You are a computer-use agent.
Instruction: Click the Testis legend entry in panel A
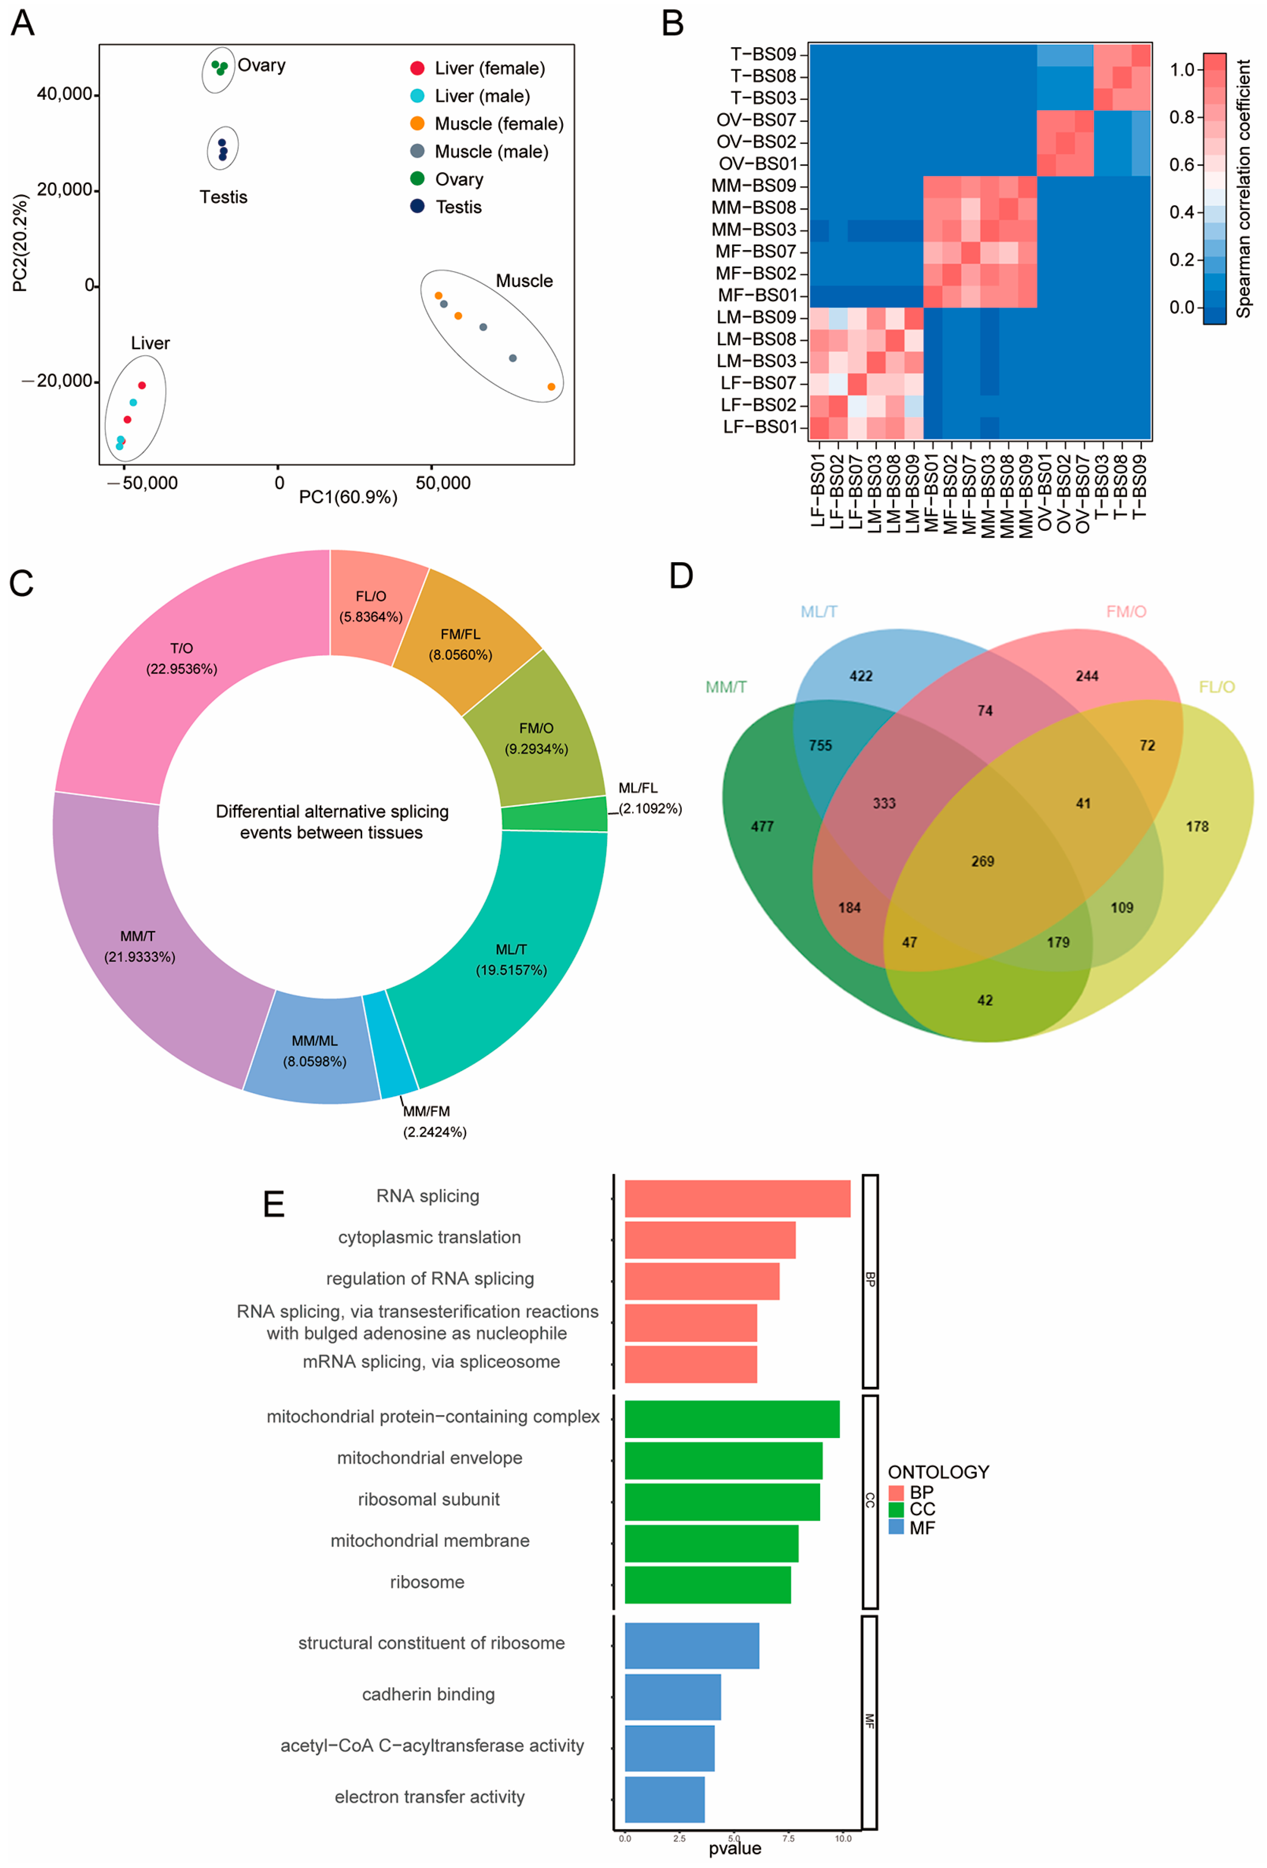coord(458,207)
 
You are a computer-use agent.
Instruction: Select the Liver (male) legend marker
coord(417,96)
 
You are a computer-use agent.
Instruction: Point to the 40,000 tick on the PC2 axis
coord(64,94)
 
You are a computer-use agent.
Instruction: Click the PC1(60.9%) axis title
coord(348,497)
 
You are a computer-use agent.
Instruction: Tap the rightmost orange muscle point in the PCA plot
coord(551,387)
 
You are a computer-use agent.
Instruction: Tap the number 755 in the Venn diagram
coord(820,745)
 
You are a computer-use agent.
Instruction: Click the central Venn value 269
coord(982,861)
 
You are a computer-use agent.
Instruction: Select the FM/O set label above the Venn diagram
coord(1126,612)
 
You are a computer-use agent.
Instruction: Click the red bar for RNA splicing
coord(737,1198)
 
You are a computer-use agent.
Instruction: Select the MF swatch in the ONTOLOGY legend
coord(896,1527)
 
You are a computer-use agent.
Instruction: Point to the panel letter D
coord(681,575)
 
